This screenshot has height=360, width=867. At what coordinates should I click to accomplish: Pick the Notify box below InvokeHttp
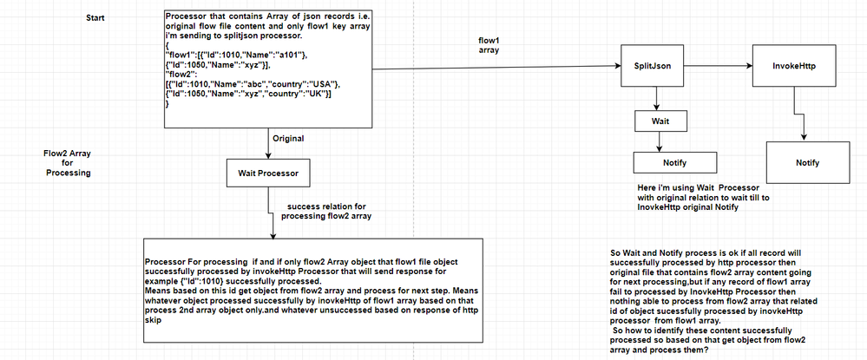pyautogui.click(x=808, y=162)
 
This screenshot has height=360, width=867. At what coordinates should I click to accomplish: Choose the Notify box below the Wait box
pyautogui.click(x=676, y=162)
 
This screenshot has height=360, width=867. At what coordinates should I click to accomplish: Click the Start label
pyautogui.click(x=96, y=18)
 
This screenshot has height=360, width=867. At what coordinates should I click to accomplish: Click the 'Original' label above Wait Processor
pyautogui.click(x=288, y=138)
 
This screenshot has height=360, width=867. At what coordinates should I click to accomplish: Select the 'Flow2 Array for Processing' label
pyautogui.click(x=68, y=162)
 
